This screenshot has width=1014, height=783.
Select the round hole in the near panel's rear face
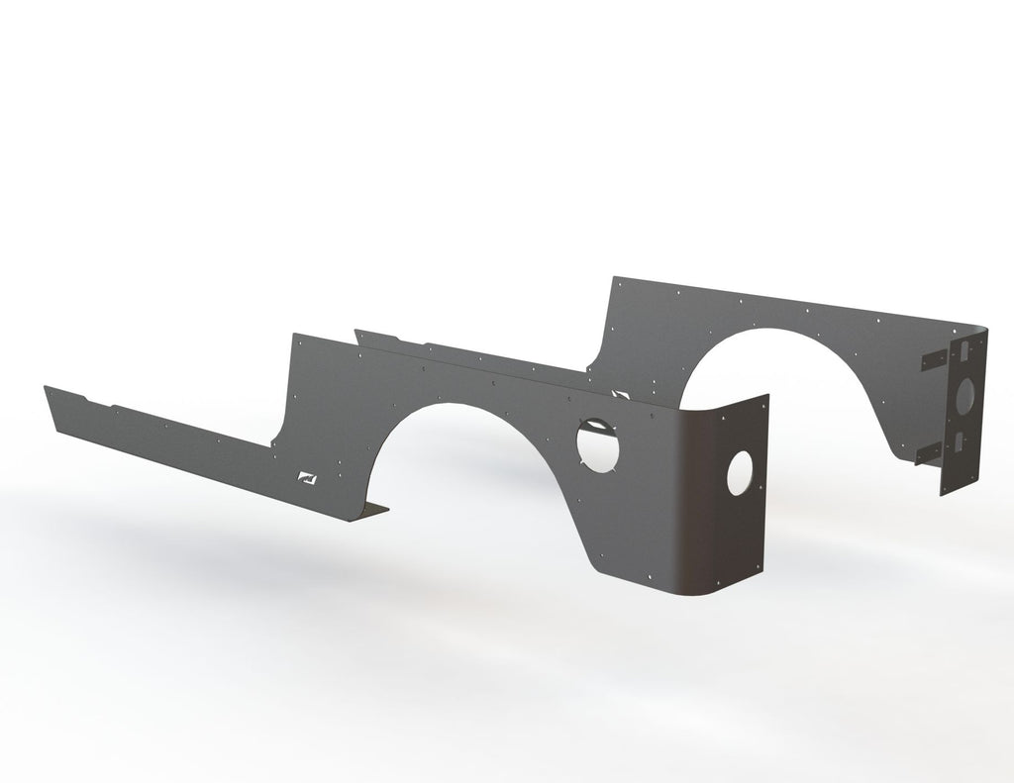pos(740,473)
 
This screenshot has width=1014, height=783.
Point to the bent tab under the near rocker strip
pos(370,511)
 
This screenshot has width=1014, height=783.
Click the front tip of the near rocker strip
pos(48,388)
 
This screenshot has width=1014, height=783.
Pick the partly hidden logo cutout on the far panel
pos(621,394)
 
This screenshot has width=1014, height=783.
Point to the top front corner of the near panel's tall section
pos(294,336)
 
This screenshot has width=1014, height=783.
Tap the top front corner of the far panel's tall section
pos(614,279)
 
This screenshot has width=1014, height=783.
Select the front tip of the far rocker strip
pos(357,332)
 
